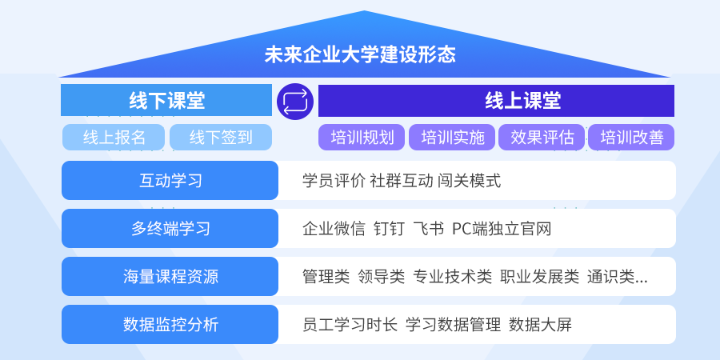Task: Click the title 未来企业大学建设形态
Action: [x=359, y=54]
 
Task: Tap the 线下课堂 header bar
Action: [x=166, y=100]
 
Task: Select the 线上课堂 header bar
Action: [x=496, y=101]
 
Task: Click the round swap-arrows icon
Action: [x=295, y=102]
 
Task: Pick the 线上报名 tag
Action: [x=114, y=138]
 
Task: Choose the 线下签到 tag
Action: [x=221, y=138]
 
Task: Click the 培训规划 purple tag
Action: [x=362, y=138]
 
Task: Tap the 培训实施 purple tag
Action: [x=452, y=138]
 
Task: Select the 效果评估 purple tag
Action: [x=542, y=138]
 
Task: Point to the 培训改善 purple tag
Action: [x=631, y=138]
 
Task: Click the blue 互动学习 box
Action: [x=170, y=181]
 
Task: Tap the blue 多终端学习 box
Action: [x=170, y=228]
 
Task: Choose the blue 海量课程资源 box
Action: [x=170, y=277]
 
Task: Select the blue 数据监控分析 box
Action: [x=170, y=325]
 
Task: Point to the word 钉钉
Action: [x=389, y=228]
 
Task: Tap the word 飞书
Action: [x=429, y=228]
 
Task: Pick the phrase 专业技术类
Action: [x=452, y=277]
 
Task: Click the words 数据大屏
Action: [x=541, y=325]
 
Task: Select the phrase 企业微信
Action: [x=334, y=228]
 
